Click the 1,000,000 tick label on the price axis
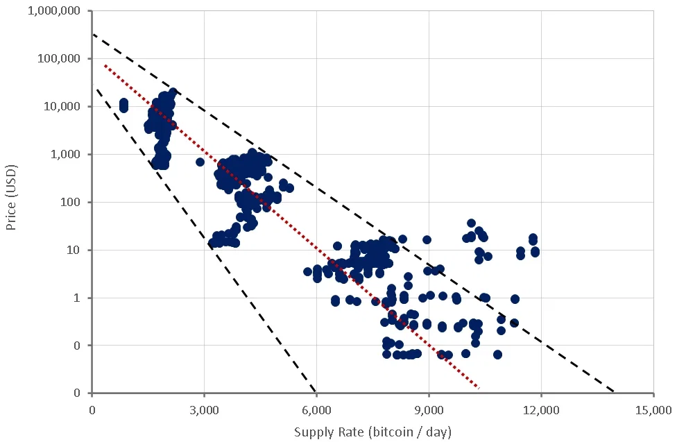point(54,11)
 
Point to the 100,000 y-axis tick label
point(59,58)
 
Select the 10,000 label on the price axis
point(62,106)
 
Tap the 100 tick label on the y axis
point(70,202)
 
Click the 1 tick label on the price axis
point(77,298)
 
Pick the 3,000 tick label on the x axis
point(204,409)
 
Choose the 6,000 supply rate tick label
point(316,409)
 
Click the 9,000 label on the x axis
point(429,409)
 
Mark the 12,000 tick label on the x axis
point(541,409)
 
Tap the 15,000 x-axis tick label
point(653,409)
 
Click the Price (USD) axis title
point(11,197)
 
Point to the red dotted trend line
point(291,226)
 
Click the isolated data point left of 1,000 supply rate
point(124,105)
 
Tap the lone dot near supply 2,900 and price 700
point(200,162)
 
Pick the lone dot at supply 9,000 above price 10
point(427,240)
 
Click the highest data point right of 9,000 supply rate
point(472,223)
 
